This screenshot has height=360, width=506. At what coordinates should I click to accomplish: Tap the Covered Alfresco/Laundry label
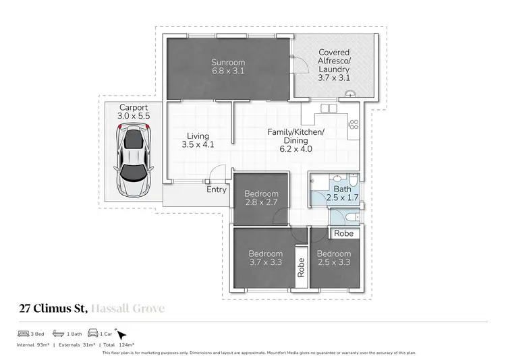tap(334, 65)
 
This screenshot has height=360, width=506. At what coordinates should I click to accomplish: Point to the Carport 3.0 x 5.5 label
tap(134, 112)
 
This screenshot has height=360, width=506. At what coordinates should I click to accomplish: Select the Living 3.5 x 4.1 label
tap(198, 140)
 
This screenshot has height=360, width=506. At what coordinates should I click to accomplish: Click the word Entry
tap(217, 189)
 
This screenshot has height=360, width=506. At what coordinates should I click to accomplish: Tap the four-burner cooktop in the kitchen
tap(353, 124)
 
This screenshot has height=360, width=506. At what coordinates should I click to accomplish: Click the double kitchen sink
tap(327, 108)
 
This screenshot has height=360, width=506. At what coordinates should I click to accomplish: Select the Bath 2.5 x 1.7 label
tap(337, 194)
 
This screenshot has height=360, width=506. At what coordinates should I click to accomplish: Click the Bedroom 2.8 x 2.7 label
tap(260, 198)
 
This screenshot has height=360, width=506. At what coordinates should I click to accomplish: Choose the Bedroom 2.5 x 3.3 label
tap(335, 258)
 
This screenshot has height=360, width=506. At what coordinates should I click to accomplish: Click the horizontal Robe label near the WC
tap(343, 233)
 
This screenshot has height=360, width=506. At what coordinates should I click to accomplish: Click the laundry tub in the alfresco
tap(349, 95)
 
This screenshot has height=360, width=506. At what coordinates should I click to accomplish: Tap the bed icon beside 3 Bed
tap(24, 334)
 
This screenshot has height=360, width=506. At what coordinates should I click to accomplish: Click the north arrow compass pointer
tap(121, 334)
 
